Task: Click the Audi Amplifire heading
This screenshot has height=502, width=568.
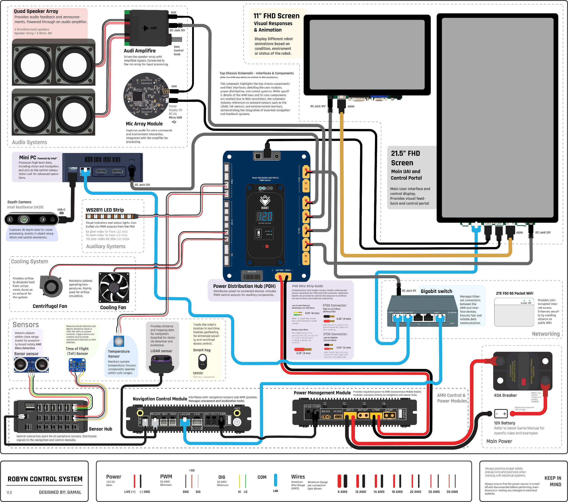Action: tap(140, 51)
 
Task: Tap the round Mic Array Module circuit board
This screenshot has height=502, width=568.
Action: tap(146, 96)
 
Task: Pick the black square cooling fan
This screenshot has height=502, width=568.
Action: tap(114, 287)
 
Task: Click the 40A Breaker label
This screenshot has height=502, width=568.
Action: tap(505, 395)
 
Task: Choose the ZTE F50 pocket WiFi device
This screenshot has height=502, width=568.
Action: tap(514, 312)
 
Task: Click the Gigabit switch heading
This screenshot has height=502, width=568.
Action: tap(436, 291)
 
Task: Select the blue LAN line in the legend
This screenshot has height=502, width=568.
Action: tap(275, 480)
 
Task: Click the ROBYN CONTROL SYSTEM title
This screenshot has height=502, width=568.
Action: tap(45, 479)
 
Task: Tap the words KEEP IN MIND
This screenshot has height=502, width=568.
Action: tap(552, 481)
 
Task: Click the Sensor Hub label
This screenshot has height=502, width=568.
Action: tap(100, 429)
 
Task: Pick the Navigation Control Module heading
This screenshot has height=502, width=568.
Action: tap(160, 399)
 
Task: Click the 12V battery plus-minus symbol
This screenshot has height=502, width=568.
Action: tap(501, 414)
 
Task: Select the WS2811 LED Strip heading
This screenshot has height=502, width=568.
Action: tap(105, 210)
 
